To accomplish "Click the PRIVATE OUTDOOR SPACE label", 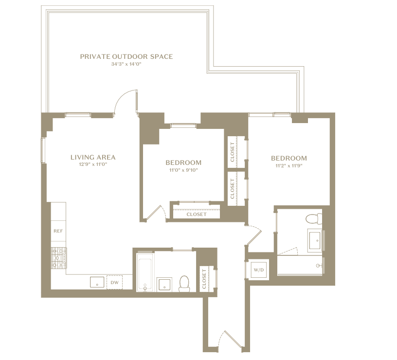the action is pyautogui.click(x=126, y=56).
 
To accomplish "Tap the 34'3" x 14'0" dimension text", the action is pyautogui.click(x=126, y=64).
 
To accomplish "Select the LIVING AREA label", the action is pyautogui.click(x=93, y=157).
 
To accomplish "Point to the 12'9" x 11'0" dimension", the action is pyautogui.click(x=93, y=164).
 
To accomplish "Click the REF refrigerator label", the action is pyautogui.click(x=58, y=231).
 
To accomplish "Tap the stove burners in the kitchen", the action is pyautogui.click(x=59, y=258).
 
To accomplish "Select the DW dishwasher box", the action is pyautogui.click(x=114, y=282).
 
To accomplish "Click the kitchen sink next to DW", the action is pyautogui.click(x=97, y=282).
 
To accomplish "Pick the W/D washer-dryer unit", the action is pyautogui.click(x=258, y=270).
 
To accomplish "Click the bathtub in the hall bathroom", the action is pyautogui.click(x=145, y=272).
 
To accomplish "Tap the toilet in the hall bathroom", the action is pyautogui.click(x=184, y=284).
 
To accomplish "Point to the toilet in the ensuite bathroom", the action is pyautogui.click(x=314, y=219).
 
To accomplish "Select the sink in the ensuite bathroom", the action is pyautogui.click(x=315, y=240).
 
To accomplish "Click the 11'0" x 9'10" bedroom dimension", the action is pyautogui.click(x=183, y=170).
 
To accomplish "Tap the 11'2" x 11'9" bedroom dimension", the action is pyautogui.click(x=289, y=166).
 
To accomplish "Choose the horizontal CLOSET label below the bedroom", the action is pyautogui.click(x=197, y=215).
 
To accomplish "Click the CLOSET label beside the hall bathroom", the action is pyautogui.click(x=204, y=279).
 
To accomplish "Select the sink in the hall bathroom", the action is pyautogui.click(x=164, y=285).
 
